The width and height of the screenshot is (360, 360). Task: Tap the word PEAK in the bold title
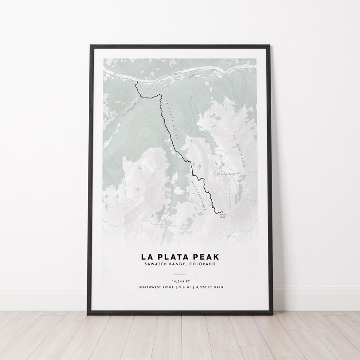pos(209,257)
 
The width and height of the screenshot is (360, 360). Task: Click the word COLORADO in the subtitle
pos(203,264)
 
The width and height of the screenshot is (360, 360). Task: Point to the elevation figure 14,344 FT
pos(180,281)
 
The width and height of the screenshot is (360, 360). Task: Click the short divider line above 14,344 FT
pos(180,274)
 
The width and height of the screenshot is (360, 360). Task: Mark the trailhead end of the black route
pos(136,83)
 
